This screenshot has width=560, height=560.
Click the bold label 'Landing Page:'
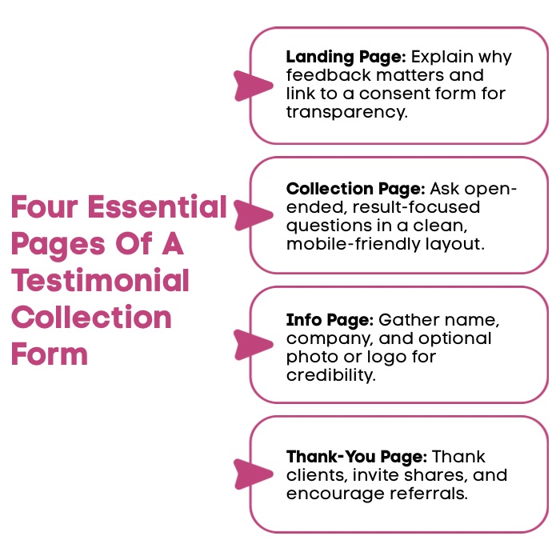tap(346, 58)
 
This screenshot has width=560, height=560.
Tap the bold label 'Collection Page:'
tap(355, 190)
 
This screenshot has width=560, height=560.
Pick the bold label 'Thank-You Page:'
tap(357, 457)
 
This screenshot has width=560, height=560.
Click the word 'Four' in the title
tap(43, 208)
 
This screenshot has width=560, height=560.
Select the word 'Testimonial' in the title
tap(100, 282)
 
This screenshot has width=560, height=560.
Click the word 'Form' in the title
tap(50, 354)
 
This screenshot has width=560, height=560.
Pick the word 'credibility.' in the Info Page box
tap(330, 375)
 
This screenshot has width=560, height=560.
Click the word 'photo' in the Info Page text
tap(309, 357)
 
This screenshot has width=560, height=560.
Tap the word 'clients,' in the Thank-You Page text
tap(312, 475)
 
